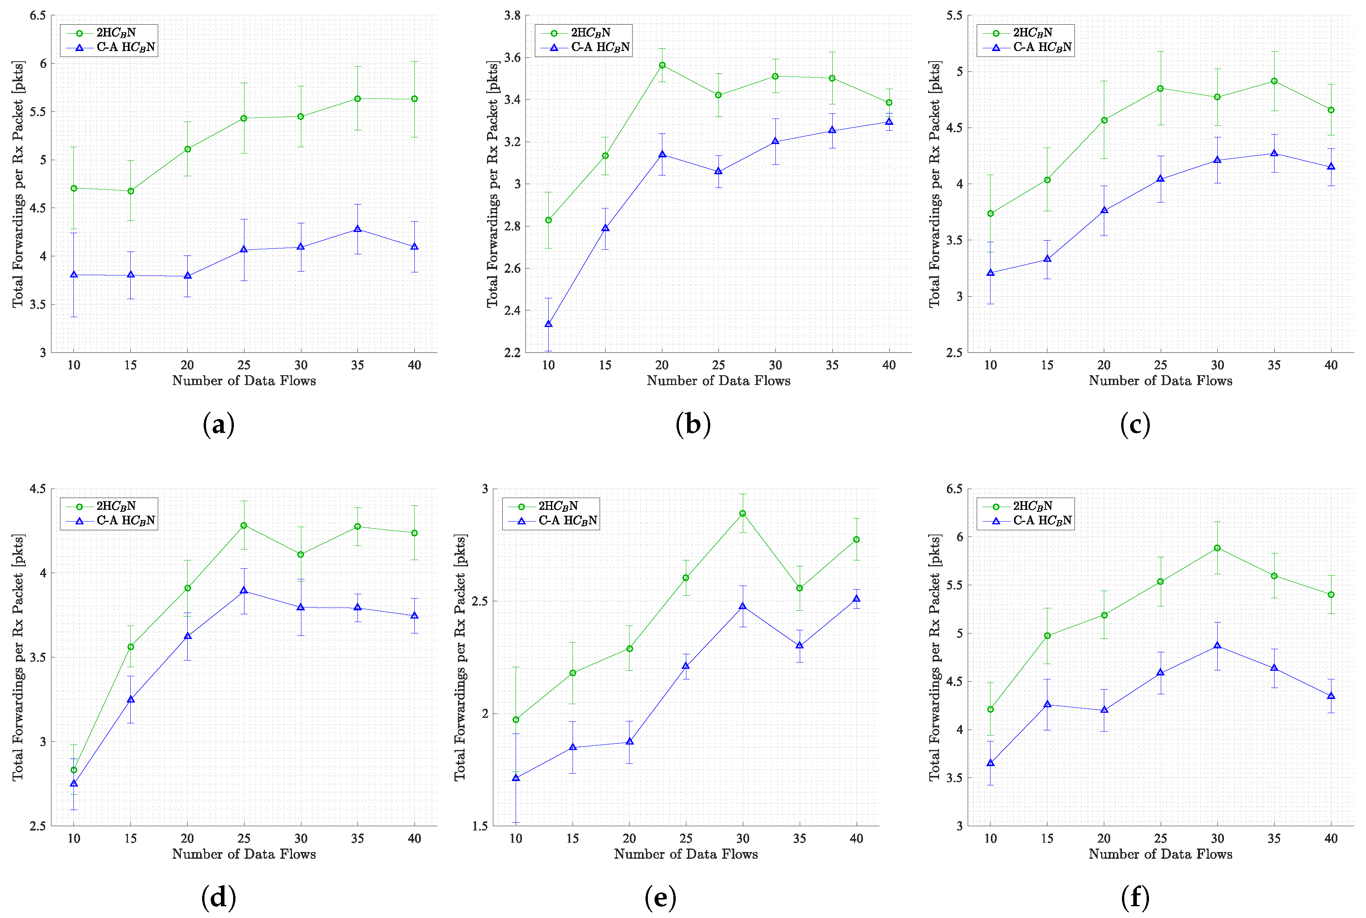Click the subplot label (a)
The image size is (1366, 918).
(x=218, y=424)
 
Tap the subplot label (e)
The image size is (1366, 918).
(x=660, y=898)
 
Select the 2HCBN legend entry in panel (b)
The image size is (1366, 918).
(x=590, y=33)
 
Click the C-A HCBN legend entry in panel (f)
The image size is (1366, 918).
(x=1042, y=520)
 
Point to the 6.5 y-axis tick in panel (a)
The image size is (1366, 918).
(x=38, y=16)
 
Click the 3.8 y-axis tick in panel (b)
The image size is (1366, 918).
(x=512, y=16)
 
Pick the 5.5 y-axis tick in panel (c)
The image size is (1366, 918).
(x=954, y=16)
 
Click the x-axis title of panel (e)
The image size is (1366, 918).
(x=685, y=854)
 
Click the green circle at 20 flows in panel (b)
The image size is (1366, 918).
(x=662, y=65)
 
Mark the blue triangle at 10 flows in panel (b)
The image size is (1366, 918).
(x=548, y=324)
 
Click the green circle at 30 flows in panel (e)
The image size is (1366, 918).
(x=743, y=513)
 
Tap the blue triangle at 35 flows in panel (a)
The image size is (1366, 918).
(x=357, y=229)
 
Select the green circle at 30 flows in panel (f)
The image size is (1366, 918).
(x=1217, y=548)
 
